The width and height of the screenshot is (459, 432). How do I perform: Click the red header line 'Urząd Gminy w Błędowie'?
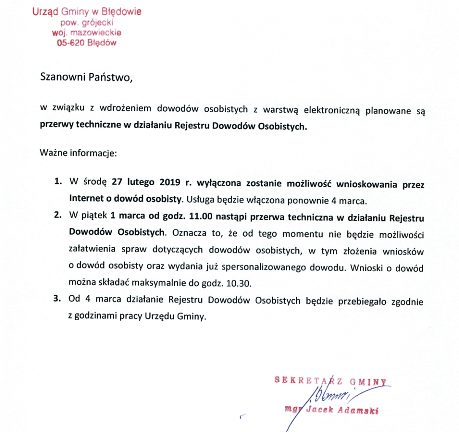(87, 12)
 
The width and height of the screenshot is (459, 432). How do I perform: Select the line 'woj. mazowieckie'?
(87, 32)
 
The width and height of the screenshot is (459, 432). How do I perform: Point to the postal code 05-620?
(71, 43)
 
